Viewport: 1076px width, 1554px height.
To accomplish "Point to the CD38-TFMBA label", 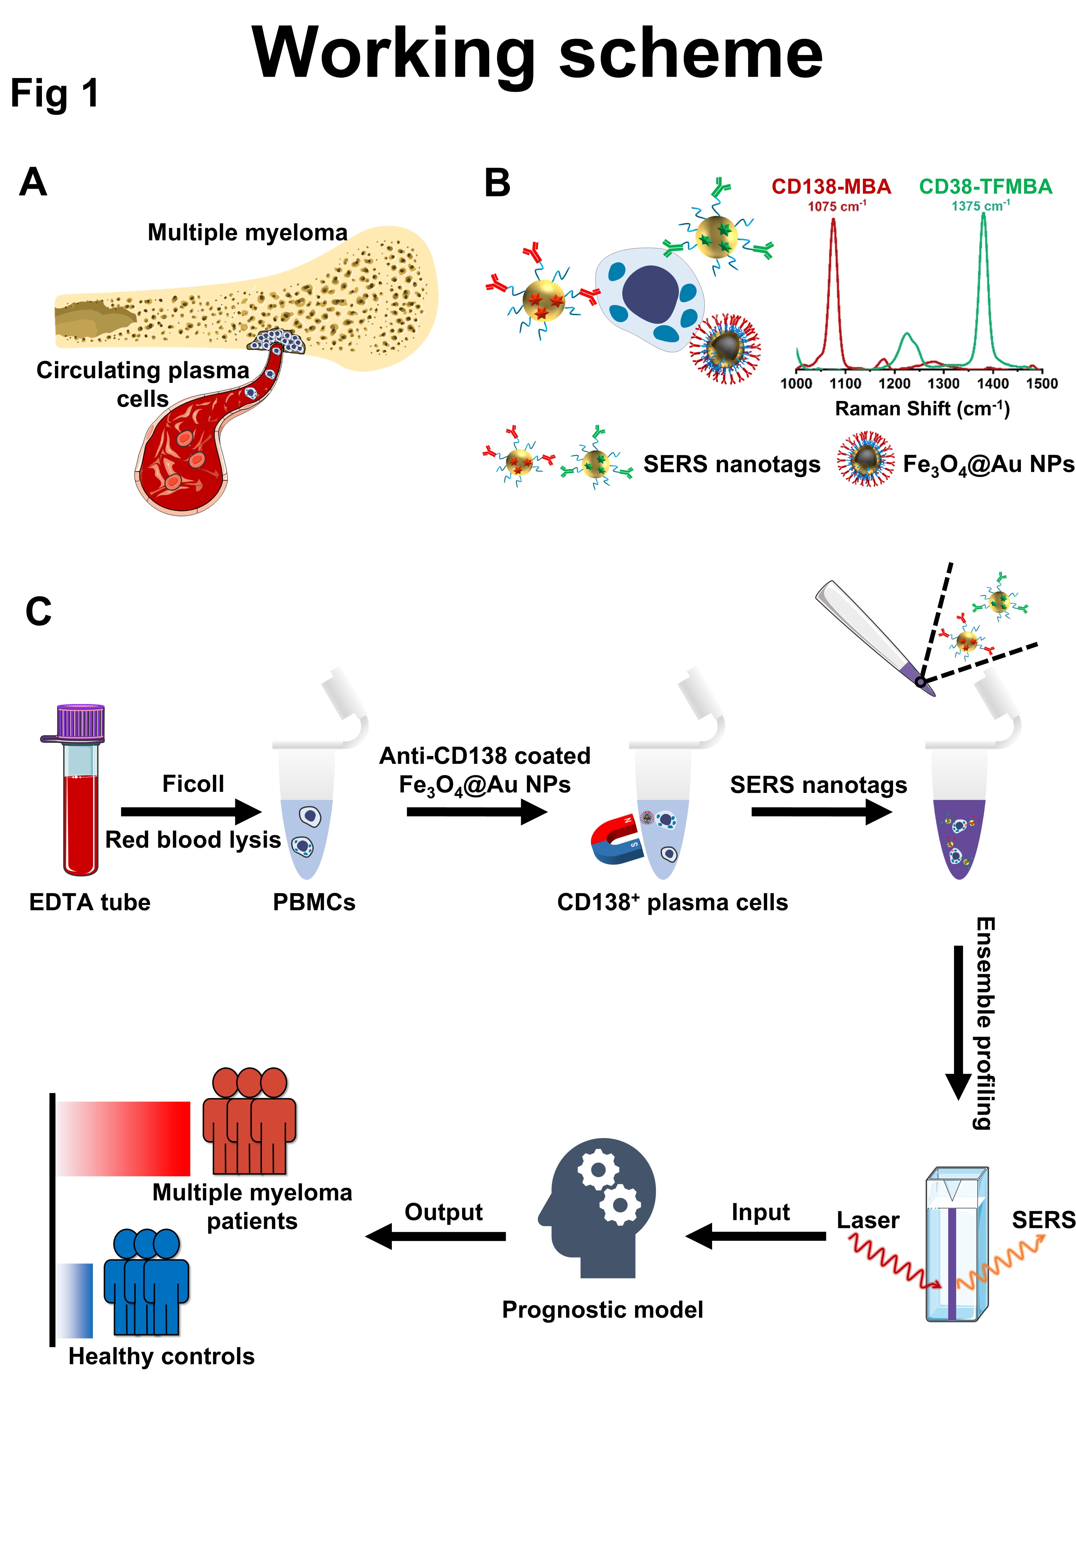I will point(985,187).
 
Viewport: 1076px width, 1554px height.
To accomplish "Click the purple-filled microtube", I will point(959,836).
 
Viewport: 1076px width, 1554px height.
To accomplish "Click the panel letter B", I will point(498,183).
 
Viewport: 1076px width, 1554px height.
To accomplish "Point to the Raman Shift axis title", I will point(922,409).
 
